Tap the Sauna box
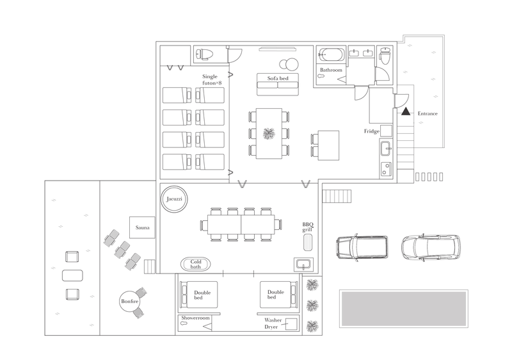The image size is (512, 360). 142,227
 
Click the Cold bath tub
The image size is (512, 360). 196,264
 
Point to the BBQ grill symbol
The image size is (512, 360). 308,242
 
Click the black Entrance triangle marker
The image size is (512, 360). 406,111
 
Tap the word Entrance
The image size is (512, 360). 428,113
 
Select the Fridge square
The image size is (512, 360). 387,131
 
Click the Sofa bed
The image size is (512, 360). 278,85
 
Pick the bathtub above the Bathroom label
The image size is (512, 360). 332,54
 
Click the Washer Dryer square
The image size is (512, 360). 291,323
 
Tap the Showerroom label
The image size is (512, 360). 195,318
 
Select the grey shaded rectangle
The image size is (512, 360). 404,308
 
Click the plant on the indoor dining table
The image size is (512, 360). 269,133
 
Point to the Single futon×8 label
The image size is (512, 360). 211,79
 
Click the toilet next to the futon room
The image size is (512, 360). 205,54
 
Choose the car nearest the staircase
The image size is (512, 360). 362,247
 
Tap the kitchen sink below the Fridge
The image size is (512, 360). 387,148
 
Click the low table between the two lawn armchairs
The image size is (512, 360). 72,275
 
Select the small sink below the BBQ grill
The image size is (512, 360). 303,264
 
